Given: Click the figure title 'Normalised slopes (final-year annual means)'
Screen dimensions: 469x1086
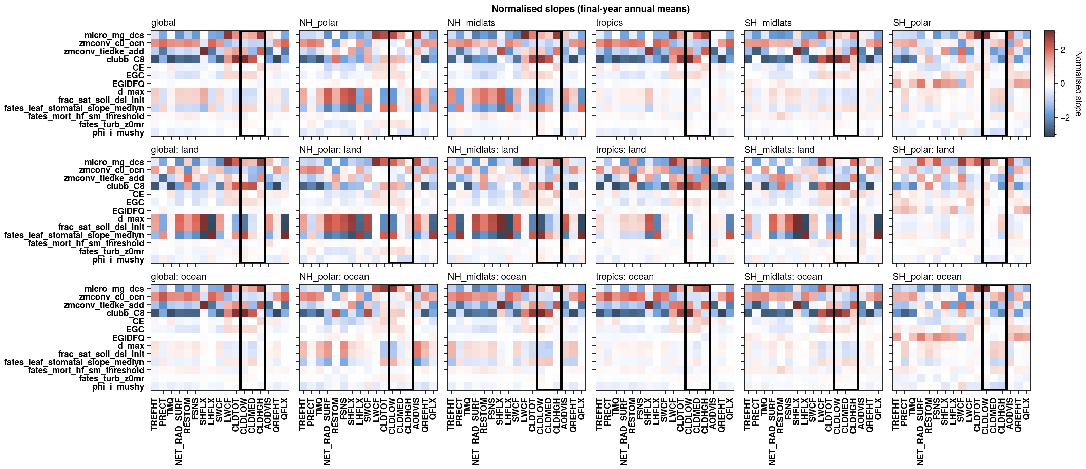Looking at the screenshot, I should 590,9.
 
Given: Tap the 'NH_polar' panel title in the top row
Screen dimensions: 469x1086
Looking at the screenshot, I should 318,23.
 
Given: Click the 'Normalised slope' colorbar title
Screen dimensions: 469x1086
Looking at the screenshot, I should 1078,84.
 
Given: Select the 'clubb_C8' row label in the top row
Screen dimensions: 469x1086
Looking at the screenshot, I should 125,59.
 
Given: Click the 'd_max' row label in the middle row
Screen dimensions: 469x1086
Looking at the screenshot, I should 131,219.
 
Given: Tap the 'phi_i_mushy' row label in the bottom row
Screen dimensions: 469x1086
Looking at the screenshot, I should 118,386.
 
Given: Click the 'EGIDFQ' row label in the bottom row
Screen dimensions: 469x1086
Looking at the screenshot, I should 128,338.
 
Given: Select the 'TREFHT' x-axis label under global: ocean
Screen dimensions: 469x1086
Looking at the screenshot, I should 154,414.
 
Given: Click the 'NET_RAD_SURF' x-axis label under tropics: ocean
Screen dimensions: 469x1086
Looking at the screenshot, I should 624,431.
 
